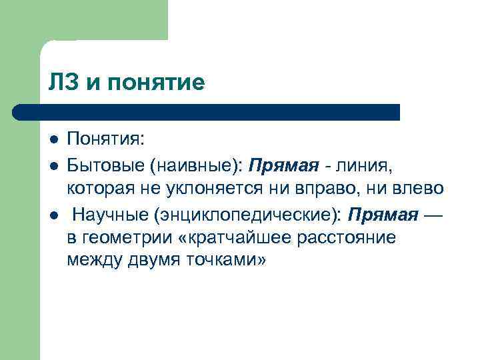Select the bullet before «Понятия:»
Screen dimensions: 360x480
53,141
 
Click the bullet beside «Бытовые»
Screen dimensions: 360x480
53,164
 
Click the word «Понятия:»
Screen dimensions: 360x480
105,141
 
